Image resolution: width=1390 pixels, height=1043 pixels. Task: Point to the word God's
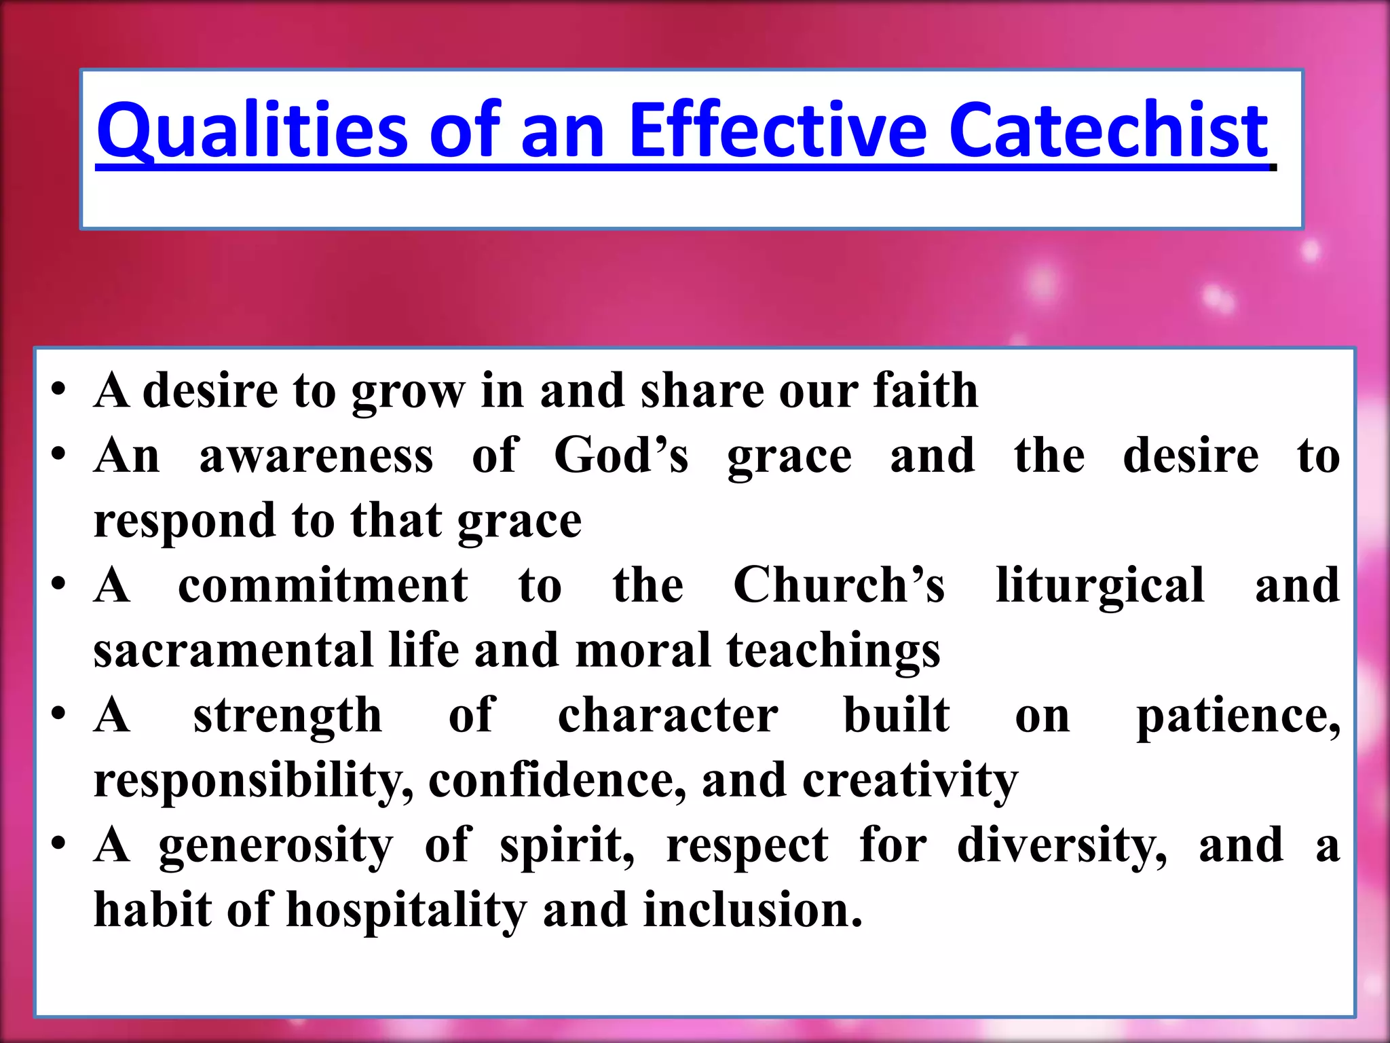pos(621,455)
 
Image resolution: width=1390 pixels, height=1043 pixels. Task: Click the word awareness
pos(316,455)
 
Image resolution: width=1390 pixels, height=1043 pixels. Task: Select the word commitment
pos(322,585)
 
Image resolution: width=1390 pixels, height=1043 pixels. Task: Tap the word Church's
pos(839,585)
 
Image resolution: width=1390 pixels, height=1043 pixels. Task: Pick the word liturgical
pos(1100,586)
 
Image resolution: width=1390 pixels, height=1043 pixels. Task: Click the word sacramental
pos(233,650)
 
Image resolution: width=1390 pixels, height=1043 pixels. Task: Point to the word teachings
pos(833,651)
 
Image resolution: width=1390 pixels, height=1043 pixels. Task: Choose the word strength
pos(288,716)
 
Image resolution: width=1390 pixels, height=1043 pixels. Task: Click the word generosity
pos(276,846)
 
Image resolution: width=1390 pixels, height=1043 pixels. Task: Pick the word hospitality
pos(406,910)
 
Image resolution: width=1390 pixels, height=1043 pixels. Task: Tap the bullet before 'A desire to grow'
pos(59,391)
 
